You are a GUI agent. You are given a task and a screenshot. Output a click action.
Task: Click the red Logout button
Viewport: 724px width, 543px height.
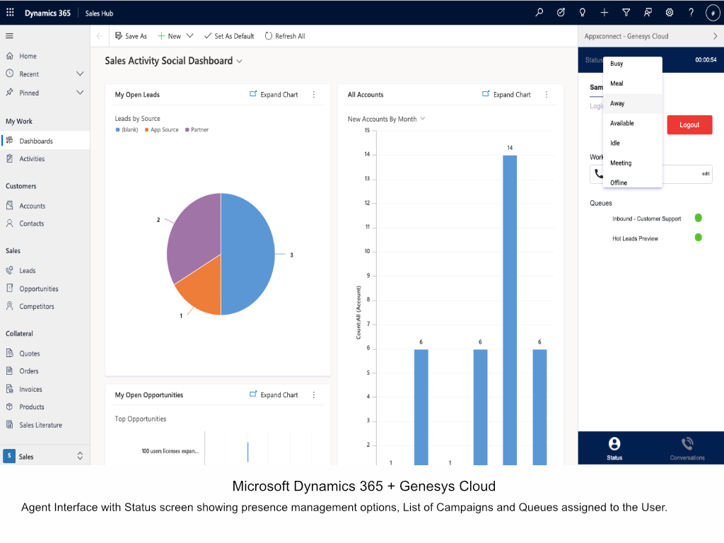point(689,124)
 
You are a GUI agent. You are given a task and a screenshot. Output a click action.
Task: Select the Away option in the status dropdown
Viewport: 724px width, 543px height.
point(617,103)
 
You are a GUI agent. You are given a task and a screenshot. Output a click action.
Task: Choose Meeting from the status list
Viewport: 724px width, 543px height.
point(621,163)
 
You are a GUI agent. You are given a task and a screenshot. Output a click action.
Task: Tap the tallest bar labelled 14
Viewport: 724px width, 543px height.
point(510,310)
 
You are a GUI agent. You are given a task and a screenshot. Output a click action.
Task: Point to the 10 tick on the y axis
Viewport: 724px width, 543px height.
point(368,251)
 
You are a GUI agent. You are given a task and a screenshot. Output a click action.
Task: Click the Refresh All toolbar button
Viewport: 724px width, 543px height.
point(285,36)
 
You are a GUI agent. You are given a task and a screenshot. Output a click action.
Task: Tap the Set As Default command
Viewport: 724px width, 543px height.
point(229,36)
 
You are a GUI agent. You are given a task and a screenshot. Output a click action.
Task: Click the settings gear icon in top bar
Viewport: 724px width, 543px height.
point(669,13)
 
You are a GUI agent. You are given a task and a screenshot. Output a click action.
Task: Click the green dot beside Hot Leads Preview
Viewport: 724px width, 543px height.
point(698,238)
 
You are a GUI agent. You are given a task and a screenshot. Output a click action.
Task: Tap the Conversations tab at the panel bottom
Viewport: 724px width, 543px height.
point(687,448)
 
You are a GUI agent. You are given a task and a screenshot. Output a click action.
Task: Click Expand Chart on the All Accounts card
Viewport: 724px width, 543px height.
point(506,94)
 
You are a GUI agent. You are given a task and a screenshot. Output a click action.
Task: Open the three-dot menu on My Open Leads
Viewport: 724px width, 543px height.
point(314,94)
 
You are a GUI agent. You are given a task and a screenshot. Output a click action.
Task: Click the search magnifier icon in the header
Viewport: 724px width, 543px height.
point(539,13)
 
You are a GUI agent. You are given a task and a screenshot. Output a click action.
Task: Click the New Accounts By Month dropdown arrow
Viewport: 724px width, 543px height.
point(423,119)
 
